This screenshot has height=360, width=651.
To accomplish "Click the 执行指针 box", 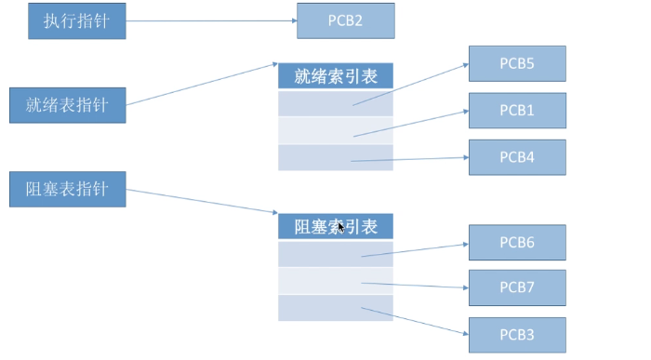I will [x=76, y=21].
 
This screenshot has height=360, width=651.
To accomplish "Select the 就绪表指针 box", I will [x=67, y=104].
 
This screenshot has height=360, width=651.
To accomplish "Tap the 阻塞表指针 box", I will [x=67, y=189].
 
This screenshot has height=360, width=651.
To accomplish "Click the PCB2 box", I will [x=345, y=20].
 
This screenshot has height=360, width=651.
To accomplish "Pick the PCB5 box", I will [x=517, y=64].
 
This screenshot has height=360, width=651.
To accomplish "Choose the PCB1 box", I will [x=517, y=111].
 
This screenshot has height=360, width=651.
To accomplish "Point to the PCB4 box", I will [x=517, y=157].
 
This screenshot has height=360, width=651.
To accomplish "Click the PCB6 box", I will [x=517, y=242].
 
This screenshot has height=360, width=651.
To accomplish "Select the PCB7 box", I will [x=517, y=287].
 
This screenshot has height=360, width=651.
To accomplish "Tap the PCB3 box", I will [x=517, y=334].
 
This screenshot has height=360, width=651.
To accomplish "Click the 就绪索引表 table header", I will [x=335, y=76].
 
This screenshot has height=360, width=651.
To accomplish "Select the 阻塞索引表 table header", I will [x=335, y=227].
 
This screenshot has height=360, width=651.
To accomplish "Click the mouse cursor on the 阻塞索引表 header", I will [x=341, y=226].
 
